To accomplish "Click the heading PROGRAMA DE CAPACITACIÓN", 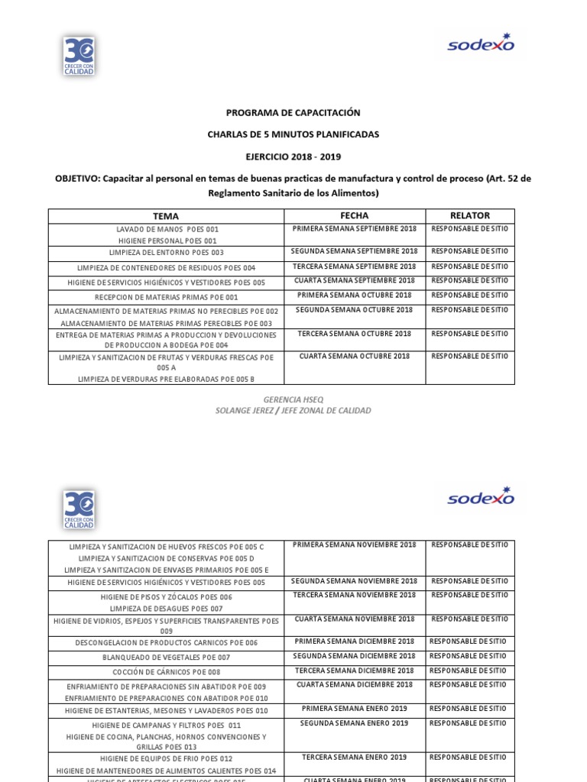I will click(x=293, y=112).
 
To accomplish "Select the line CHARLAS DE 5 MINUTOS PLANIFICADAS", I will click(x=293, y=134).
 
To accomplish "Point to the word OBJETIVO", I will click(x=78, y=179).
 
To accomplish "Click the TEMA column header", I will click(x=166, y=216).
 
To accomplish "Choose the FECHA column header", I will click(x=354, y=215).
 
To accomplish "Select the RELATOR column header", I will click(x=469, y=215).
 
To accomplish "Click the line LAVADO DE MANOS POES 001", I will click(x=167, y=229).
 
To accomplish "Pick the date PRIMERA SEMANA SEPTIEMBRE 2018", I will click(x=354, y=228).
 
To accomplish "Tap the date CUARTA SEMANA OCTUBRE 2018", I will click(x=354, y=356).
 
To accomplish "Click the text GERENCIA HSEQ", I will click(x=293, y=399).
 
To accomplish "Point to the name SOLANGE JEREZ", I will click(x=245, y=410).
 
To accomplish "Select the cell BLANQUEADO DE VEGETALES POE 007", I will click(x=166, y=657).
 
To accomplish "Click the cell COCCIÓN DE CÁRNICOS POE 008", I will click(x=166, y=672).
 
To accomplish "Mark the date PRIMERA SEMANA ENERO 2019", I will click(x=354, y=708).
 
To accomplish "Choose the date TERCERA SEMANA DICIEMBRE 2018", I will click(x=354, y=670).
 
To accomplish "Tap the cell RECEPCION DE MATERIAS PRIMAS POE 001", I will click(x=166, y=296).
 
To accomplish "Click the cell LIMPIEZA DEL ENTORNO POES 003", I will click(x=166, y=252).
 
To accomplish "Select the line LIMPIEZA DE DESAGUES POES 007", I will click(x=166, y=608).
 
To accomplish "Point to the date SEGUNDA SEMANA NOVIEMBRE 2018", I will click(x=354, y=581).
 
